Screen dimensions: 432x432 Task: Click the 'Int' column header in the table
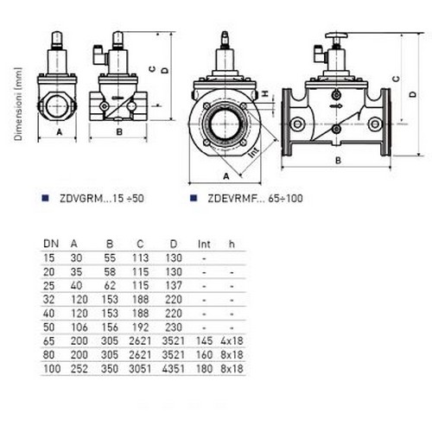click(204, 245)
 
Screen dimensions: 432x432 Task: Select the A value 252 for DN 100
click(79, 369)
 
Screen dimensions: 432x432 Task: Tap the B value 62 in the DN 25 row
click(110, 286)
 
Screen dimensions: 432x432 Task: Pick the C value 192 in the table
click(140, 327)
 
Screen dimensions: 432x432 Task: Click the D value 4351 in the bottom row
click(173, 369)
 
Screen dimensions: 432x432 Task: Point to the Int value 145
click(204, 341)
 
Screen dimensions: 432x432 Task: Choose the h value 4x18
click(232, 341)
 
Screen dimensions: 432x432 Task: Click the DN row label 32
click(48, 300)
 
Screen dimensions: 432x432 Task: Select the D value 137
click(174, 286)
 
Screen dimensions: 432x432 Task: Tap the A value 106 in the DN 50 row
click(79, 327)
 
